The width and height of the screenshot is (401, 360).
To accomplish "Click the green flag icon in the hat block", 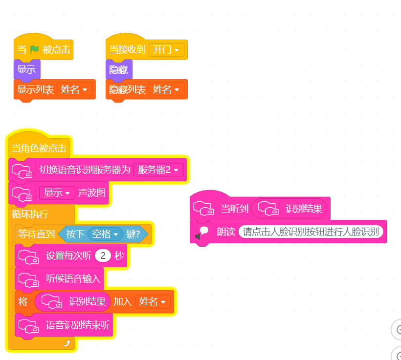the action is (x=34, y=49).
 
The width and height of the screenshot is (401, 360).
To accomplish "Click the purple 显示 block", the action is (x=27, y=69).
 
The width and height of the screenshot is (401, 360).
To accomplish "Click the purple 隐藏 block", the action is (x=119, y=69).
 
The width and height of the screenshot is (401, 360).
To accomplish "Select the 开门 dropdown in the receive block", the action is (x=166, y=49).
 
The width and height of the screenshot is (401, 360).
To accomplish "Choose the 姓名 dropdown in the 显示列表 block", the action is (x=74, y=89).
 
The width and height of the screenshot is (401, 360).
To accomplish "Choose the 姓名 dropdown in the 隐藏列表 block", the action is (x=166, y=89).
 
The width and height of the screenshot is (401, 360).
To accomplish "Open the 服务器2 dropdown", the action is (x=158, y=169).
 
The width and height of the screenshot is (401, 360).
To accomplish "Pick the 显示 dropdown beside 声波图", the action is (x=57, y=192).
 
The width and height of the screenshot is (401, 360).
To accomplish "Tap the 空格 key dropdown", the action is (x=105, y=234).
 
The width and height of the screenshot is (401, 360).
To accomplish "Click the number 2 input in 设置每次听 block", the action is (x=103, y=255).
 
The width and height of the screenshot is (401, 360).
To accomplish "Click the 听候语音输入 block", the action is (x=59, y=278).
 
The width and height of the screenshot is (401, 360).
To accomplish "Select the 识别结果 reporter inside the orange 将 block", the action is (x=73, y=302).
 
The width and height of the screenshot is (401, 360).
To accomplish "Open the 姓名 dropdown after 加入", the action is (x=152, y=302).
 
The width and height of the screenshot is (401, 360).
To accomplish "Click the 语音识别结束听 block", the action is (x=64, y=325).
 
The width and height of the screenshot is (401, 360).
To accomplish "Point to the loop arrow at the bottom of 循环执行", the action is (x=67, y=343).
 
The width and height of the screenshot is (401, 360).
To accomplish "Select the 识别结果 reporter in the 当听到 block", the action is (x=289, y=209).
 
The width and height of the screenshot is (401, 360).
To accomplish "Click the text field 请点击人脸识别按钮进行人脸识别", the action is (x=311, y=232).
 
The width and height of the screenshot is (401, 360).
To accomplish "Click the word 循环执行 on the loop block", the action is (x=30, y=214).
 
